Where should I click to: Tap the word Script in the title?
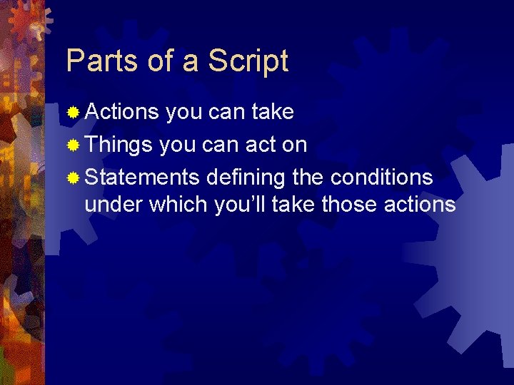tap(248, 62)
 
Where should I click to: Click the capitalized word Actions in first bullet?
tap(121, 112)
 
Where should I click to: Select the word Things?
tap(119, 145)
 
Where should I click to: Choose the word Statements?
tap(142, 177)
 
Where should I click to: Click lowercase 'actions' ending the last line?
tap(420, 205)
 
